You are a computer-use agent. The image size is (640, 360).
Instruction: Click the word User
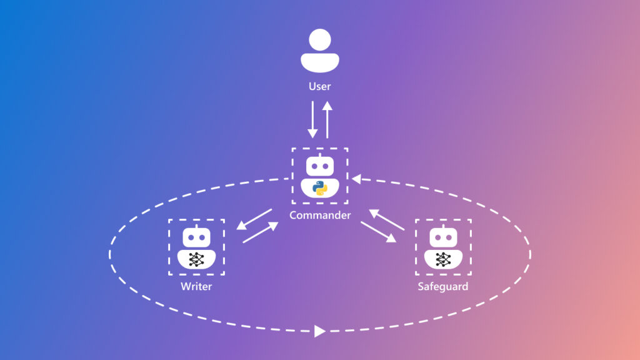[x=319, y=86]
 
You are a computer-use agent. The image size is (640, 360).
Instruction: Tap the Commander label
[x=320, y=215]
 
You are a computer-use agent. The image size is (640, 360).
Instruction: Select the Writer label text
[x=196, y=287]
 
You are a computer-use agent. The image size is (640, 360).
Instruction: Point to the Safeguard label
[x=443, y=287]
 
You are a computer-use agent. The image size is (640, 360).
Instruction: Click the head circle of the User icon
[x=320, y=41]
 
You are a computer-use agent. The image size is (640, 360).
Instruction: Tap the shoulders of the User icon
[x=320, y=62]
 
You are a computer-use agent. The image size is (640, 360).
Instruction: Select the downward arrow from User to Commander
[x=312, y=120]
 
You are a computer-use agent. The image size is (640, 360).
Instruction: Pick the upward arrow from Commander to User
[x=327, y=120]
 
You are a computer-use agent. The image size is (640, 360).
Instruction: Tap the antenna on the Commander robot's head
[x=320, y=154]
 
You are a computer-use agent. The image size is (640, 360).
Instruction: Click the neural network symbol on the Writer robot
[x=196, y=259]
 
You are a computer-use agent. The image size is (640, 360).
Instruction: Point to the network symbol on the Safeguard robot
[x=443, y=259]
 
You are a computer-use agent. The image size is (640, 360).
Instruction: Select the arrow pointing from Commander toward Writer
[x=254, y=219]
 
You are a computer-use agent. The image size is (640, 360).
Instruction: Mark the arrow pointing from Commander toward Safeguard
[x=378, y=232]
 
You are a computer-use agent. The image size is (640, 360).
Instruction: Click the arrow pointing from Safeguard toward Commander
[x=387, y=220]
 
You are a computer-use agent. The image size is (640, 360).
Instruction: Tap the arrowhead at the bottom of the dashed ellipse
[x=319, y=331]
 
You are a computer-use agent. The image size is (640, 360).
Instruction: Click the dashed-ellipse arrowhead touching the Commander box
[x=356, y=179]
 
